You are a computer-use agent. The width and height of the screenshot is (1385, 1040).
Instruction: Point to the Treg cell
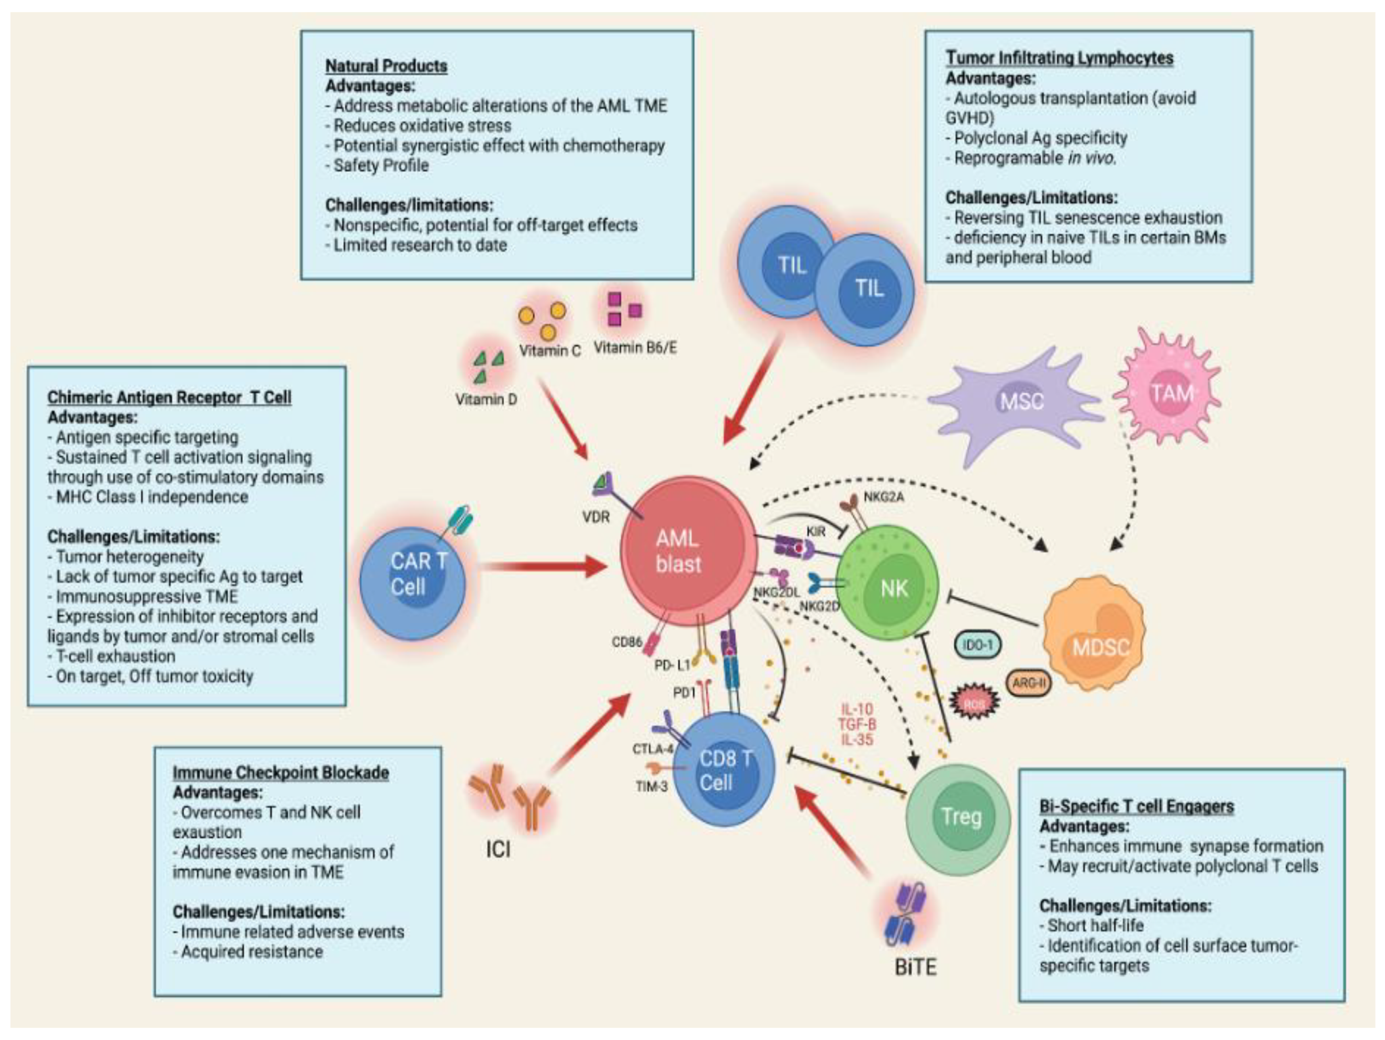pyautogui.click(x=958, y=816)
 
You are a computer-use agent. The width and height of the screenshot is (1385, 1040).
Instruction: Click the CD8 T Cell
pyautogui.click(x=724, y=770)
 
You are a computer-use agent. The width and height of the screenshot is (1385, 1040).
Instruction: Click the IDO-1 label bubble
pyautogui.click(x=977, y=645)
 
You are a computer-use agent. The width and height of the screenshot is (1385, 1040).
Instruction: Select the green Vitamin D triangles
pyautogui.click(x=488, y=367)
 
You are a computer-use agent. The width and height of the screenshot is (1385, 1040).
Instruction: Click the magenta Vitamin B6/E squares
pyautogui.click(x=624, y=309)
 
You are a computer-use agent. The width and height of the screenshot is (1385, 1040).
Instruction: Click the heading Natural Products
pyautogui.click(x=386, y=66)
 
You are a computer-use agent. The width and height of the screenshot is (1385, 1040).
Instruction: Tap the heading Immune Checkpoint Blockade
pyautogui.click(x=280, y=773)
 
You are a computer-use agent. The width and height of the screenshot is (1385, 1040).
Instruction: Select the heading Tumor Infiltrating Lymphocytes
pyautogui.click(x=1059, y=58)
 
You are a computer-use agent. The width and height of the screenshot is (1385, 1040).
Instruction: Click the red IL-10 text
pyautogui.click(x=857, y=710)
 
